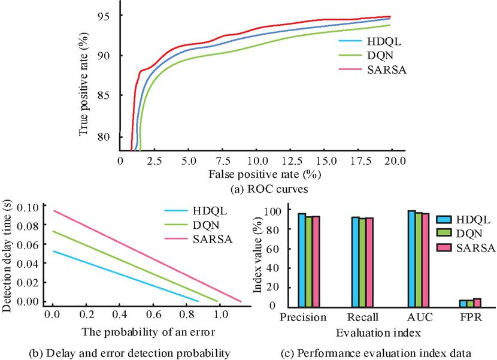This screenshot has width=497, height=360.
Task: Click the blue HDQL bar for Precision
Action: (302, 259)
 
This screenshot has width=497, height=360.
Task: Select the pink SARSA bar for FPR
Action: (477, 302)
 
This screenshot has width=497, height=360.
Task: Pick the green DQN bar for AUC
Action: (419, 259)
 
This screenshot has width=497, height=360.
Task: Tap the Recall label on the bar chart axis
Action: (364, 317)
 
